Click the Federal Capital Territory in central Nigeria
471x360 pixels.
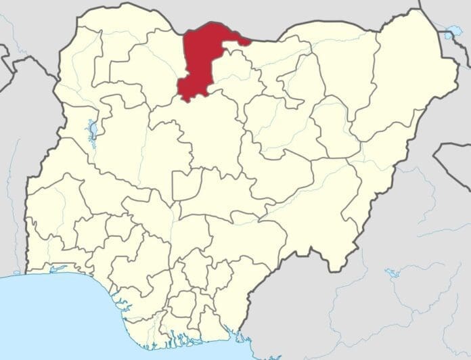187,185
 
